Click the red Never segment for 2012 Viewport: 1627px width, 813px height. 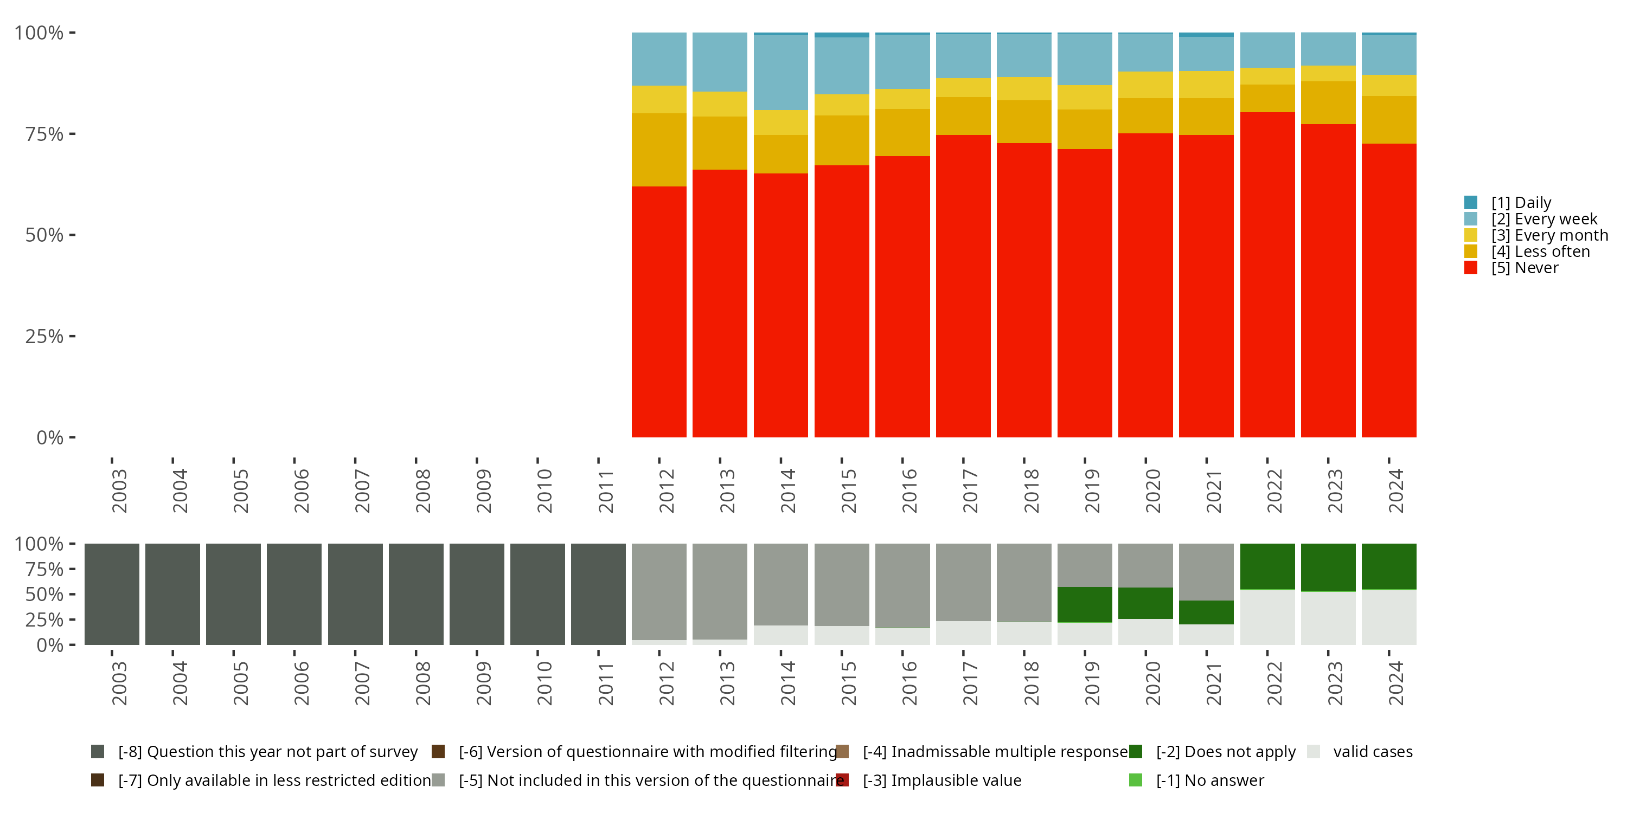point(659,312)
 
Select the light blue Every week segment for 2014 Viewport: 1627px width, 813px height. point(780,73)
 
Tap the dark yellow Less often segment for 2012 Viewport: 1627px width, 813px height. point(659,150)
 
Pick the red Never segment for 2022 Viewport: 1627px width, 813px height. point(1267,275)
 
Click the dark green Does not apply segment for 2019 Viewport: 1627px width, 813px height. point(1085,605)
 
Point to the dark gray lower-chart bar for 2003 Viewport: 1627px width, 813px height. point(112,594)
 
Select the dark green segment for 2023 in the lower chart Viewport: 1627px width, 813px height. point(1328,567)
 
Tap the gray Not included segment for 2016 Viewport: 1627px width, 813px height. point(902,585)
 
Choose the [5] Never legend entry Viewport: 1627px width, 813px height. point(1511,268)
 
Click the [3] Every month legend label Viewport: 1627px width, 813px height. point(1550,235)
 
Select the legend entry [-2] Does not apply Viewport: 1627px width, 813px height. point(1212,752)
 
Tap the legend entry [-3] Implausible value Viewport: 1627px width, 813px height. point(928,780)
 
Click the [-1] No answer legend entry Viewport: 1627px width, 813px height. point(1196,780)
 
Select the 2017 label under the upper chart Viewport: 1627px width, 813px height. point(970,491)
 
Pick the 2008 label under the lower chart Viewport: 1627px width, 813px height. point(422,683)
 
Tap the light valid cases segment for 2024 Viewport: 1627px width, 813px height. point(1388,617)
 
